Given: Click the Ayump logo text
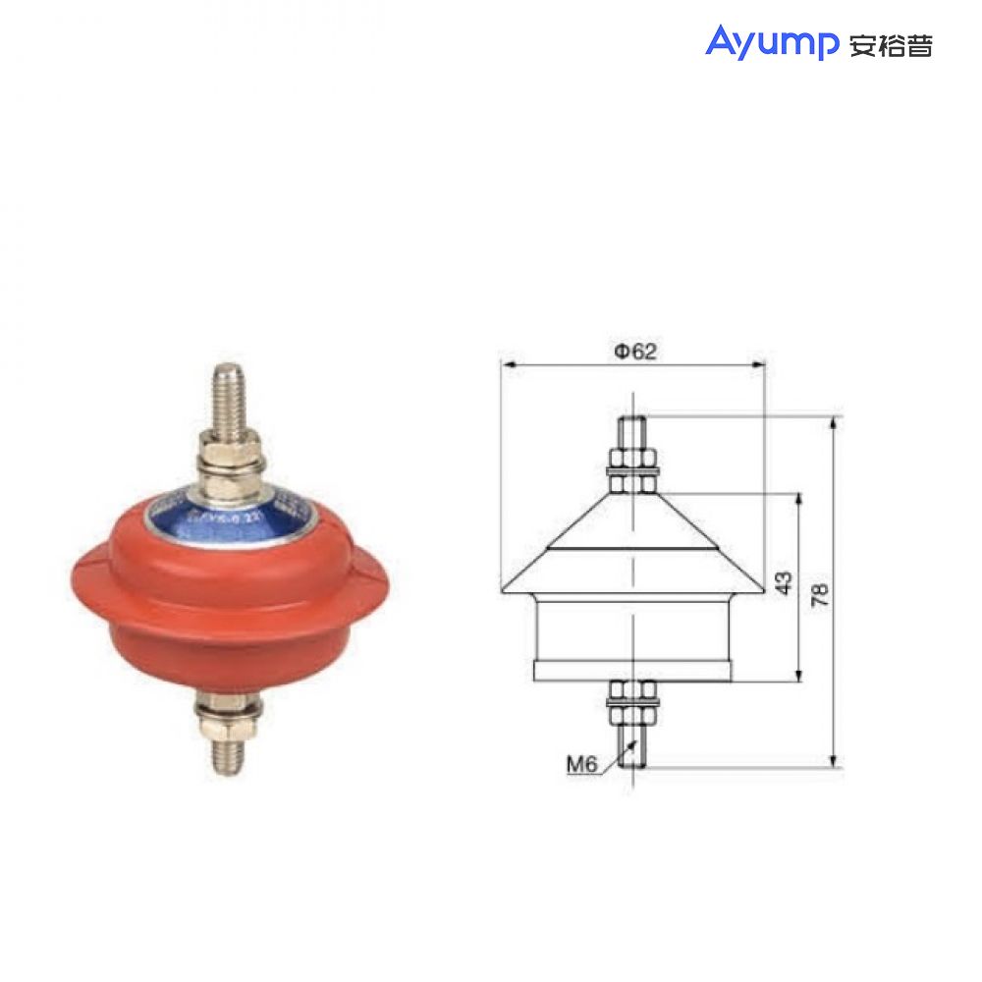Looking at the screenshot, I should pos(770,42).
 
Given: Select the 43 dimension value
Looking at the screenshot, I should pos(783,584).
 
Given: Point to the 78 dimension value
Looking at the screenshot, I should pos(821,593).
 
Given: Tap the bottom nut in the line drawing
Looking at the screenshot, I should pos(633,696).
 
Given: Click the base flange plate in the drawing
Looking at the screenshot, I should pos(633,671).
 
